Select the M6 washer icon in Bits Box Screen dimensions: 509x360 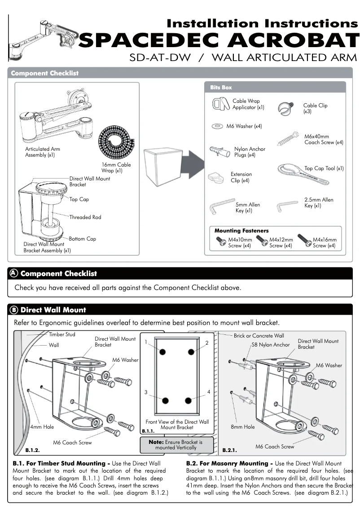(x=218, y=127)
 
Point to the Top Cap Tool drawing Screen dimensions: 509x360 (x=303, y=175)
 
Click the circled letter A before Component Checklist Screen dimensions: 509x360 (x=14, y=273)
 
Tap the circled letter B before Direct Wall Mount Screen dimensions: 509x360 (x=14, y=310)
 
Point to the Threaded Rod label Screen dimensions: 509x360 (x=85, y=217)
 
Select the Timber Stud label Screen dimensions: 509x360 (x=62, y=334)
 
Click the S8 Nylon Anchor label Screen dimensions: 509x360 (x=271, y=345)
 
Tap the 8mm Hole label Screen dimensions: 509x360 (x=243, y=427)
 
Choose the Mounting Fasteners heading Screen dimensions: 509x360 (x=241, y=231)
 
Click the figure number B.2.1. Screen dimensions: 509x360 (x=229, y=449)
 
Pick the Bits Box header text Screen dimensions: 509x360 (x=221, y=88)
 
